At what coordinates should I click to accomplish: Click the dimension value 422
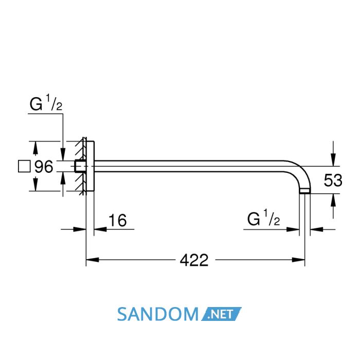coord(194,260)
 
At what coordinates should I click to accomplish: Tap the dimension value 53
coord(333,180)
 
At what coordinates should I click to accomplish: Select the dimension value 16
coord(117,221)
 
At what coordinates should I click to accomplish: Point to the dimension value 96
coord(44,167)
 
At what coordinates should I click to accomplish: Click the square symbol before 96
coord(24,166)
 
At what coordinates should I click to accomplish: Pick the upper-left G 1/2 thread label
coord(46,103)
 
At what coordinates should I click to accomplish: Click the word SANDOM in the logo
coord(158,314)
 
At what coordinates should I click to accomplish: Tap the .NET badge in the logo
coord(221,314)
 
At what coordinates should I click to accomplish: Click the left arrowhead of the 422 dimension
coord(92,260)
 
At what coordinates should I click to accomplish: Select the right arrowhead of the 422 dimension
coord(298,260)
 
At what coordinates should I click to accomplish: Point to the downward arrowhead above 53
coord(333,159)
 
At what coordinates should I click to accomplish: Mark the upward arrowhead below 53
coord(333,200)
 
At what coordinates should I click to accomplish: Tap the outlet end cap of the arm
coord(305,191)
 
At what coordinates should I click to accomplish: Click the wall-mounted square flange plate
coord(90,166)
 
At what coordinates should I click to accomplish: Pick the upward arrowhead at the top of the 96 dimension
coord(35,148)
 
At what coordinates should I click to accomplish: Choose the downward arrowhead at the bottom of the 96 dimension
coord(35,184)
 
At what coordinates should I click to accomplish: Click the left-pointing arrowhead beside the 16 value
coord(101,229)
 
